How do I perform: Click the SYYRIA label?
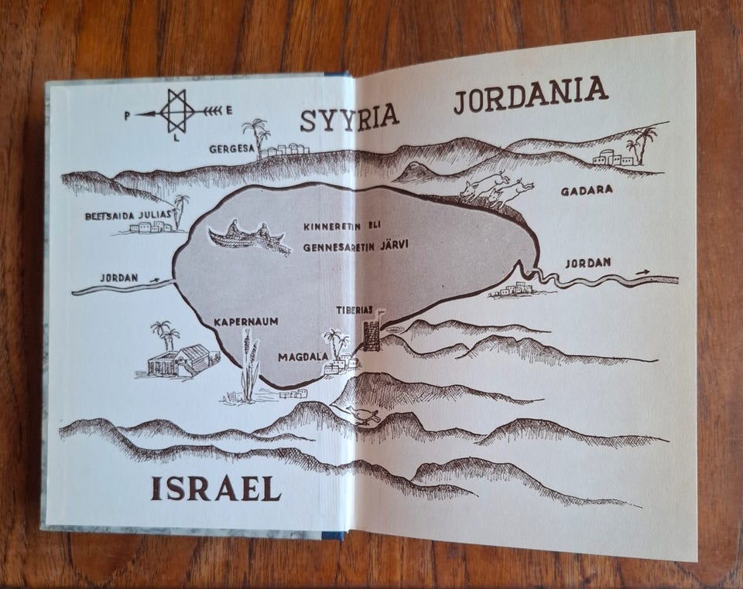pyautogui.click(x=349, y=118)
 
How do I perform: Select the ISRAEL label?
pyautogui.click(x=215, y=488)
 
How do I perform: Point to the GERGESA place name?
pyautogui.click(x=231, y=148)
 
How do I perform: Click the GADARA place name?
pyautogui.click(x=586, y=189)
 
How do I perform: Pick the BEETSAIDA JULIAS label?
pyautogui.click(x=128, y=216)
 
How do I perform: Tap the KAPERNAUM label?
pyautogui.click(x=246, y=321)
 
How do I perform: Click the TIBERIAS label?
pyautogui.click(x=354, y=310)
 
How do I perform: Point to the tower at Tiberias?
pyautogui.click(x=372, y=335)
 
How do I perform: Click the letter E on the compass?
pyautogui.click(x=230, y=111)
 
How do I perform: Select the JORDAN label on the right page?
pyautogui.click(x=587, y=263)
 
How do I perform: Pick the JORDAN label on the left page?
pyautogui.click(x=119, y=277)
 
